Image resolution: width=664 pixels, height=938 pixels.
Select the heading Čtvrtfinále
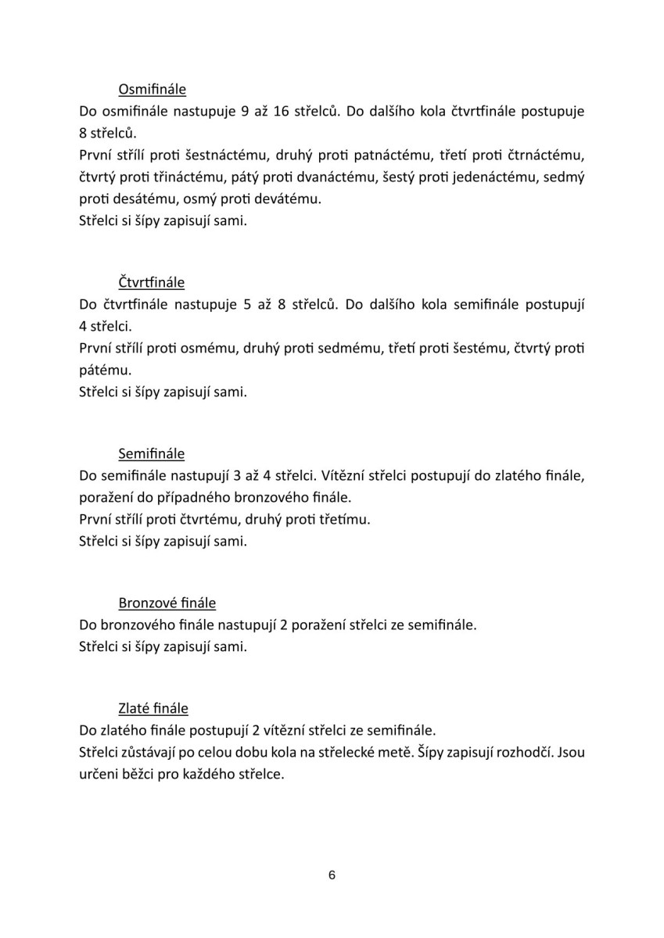point(151,281)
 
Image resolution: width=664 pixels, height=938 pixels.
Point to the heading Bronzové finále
point(167,603)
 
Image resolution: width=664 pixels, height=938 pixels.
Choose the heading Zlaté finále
point(153,709)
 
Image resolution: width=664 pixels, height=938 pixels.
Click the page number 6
point(332,875)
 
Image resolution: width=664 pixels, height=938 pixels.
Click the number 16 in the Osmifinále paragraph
point(282,111)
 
